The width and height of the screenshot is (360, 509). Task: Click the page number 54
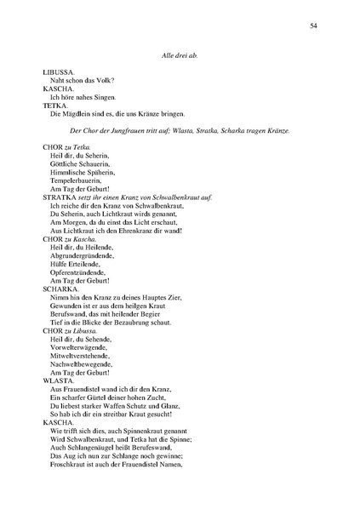(x=314, y=26)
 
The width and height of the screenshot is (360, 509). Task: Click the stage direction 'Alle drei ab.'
(x=180, y=55)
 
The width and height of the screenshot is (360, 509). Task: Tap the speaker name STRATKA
(x=60, y=197)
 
